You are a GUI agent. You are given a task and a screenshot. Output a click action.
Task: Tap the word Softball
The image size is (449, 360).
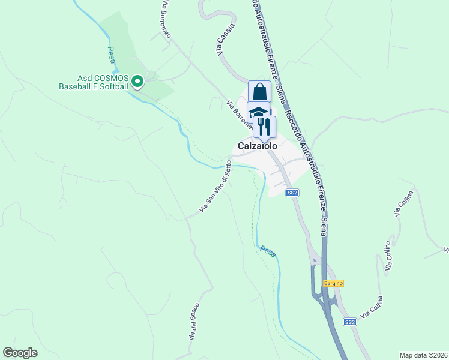[112, 86]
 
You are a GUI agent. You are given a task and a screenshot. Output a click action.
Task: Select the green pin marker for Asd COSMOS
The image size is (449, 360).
[137, 81]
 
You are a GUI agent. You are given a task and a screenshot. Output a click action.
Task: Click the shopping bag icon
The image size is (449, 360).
[259, 92]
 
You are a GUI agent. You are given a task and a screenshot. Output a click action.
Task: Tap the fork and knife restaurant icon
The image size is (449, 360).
[264, 126]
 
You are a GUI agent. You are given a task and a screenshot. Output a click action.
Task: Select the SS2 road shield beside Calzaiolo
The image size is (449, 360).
[292, 193]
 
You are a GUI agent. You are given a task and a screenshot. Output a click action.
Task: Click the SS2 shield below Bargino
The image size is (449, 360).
[350, 322]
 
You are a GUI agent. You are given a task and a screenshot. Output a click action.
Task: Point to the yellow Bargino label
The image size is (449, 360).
[333, 283]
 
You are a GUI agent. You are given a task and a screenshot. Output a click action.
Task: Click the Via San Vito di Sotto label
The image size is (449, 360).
[215, 191]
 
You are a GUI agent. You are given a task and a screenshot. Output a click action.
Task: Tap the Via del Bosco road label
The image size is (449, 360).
[194, 324]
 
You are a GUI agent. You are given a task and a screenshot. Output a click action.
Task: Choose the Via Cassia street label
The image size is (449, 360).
[227, 40]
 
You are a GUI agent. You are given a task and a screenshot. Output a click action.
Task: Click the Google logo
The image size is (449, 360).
[20, 353]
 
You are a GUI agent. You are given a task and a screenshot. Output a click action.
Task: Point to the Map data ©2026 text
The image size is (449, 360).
[423, 355]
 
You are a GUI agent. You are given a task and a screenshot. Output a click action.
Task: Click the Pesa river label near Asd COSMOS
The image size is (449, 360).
[111, 55]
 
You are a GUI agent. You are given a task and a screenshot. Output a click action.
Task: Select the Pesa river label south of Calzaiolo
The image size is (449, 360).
[268, 251]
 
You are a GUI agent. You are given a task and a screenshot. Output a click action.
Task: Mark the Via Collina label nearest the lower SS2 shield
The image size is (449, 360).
[372, 307]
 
